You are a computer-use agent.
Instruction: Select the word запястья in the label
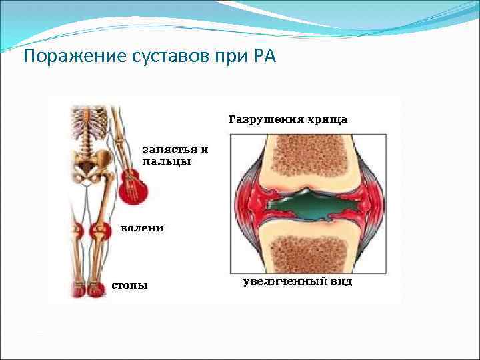click(169, 149)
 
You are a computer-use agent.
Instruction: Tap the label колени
click(141, 229)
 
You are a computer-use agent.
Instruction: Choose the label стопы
click(129, 285)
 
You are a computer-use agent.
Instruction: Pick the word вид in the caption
click(341, 281)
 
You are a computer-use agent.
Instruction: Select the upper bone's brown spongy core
click(307, 155)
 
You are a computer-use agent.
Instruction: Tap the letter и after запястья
click(205, 149)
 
